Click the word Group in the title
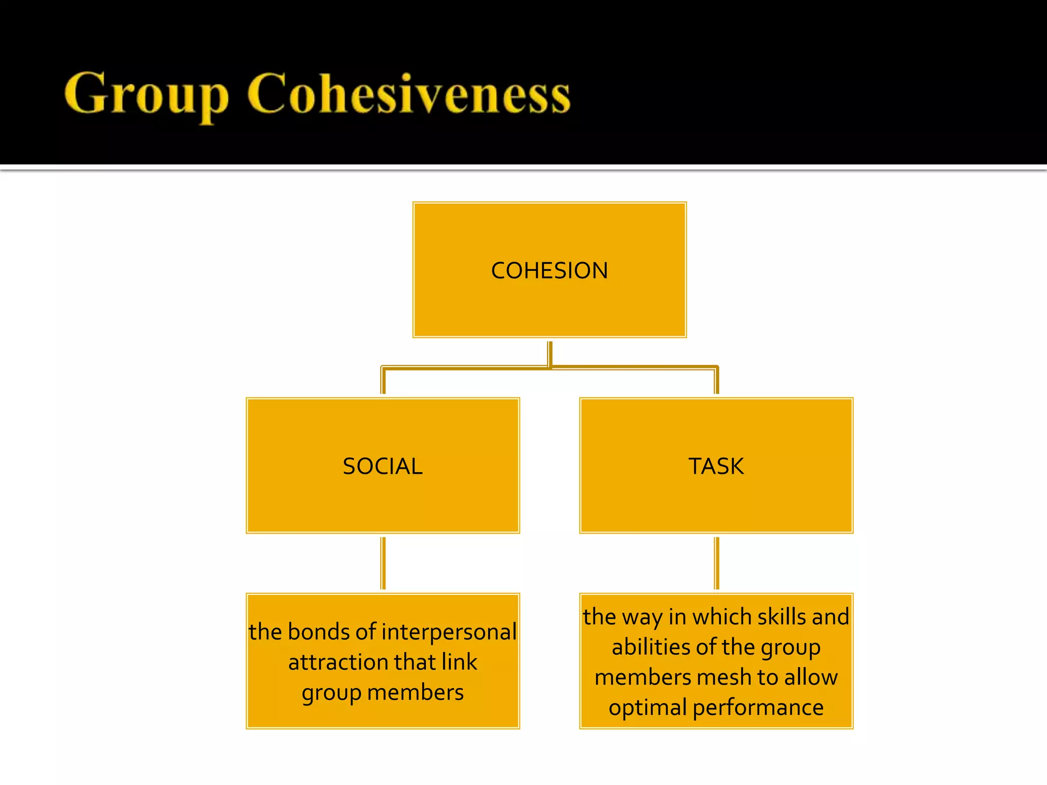[146, 95]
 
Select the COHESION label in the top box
[550, 270]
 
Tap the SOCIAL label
[382, 466]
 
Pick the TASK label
[716, 466]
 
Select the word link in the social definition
[459, 662]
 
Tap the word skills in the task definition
[781, 617]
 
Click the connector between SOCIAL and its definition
[383, 563]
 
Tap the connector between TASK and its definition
[716, 563]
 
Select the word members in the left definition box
[415, 692]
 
